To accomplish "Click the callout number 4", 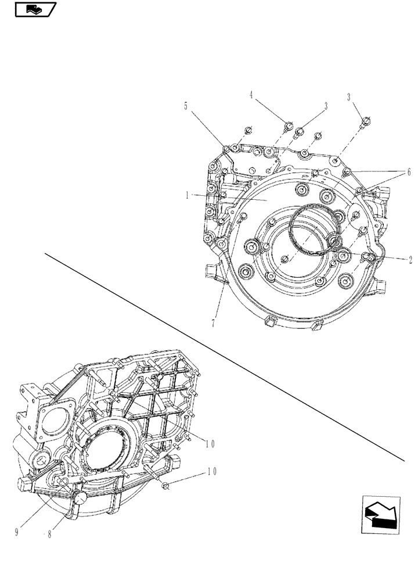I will [251, 94].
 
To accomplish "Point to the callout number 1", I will [187, 196].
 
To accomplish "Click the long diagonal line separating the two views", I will [221, 354].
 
